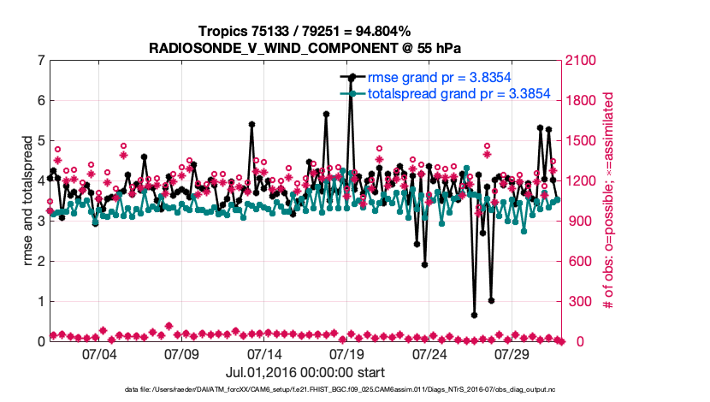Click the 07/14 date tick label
(263, 353)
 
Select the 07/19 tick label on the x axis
(346, 353)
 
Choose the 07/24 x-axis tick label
(429, 353)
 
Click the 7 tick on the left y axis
(40, 61)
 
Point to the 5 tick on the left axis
(40, 141)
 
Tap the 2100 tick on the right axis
(581, 61)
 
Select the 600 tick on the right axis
(577, 262)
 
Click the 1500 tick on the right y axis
(581, 141)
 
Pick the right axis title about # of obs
(609, 201)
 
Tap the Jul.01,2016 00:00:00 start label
(305, 372)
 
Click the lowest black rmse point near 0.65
(474, 315)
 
